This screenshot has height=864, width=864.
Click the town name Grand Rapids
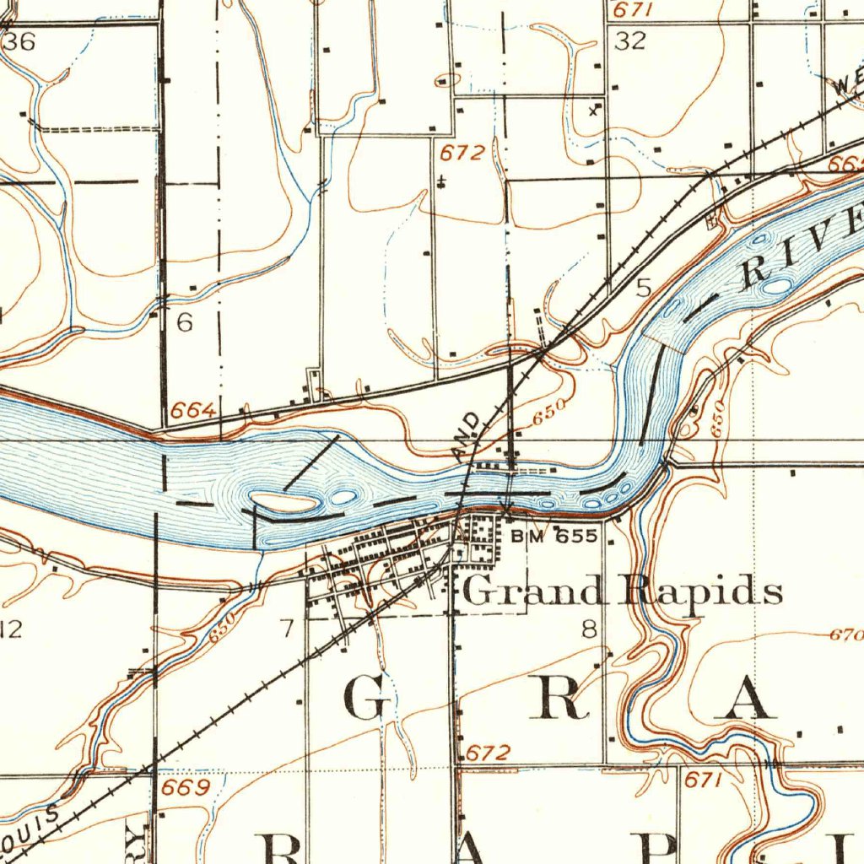click(623, 591)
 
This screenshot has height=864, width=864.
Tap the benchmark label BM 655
click(555, 536)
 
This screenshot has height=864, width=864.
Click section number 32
click(629, 41)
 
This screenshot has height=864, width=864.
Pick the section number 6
click(184, 321)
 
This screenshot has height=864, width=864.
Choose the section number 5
click(644, 289)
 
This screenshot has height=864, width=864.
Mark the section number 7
click(288, 628)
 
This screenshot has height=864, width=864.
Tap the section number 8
click(589, 629)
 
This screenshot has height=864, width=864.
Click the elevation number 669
click(185, 788)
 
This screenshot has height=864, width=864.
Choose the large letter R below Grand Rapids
click(564, 698)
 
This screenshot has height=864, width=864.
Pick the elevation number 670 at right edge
click(845, 634)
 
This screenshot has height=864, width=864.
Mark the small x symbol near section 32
click(594, 110)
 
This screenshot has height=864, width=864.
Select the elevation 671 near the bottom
click(702, 780)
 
